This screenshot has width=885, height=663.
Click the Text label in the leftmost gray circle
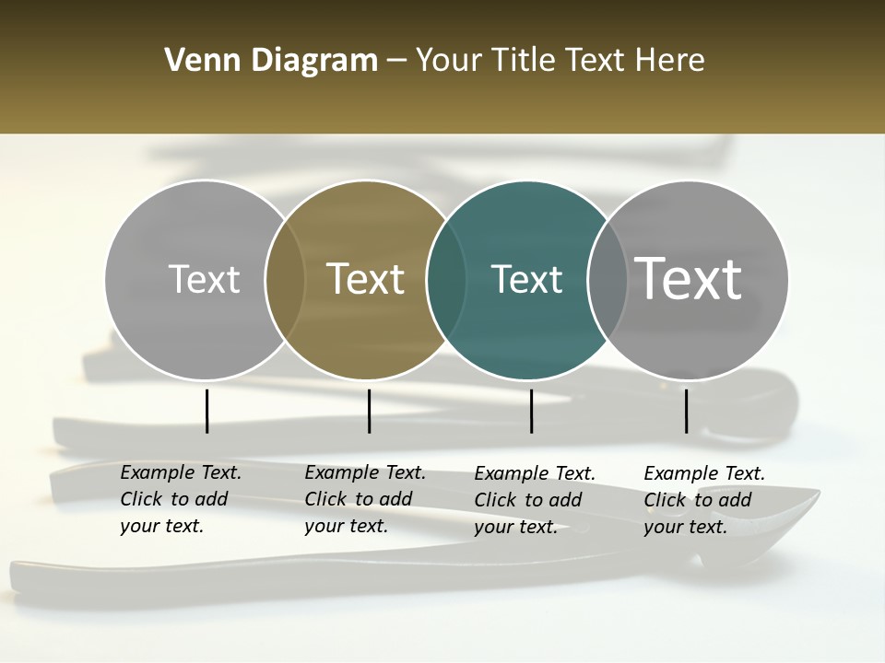[204, 279]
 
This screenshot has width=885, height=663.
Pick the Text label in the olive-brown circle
[366, 279]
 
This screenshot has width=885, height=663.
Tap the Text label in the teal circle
[527, 279]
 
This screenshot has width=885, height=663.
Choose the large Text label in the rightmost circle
[689, 279]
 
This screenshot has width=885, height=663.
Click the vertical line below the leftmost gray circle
[206, 411]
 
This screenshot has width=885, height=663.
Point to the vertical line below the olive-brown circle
[369, 411]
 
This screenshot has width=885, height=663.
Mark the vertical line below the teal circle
[531, 411]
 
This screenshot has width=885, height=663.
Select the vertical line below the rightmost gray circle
[686, 411]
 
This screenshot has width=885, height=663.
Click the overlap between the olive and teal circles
[446, 279]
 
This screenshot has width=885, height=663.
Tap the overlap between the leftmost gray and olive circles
[285, 279]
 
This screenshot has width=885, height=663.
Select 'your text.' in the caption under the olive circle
[346, 527]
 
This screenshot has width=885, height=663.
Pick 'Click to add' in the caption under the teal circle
[528, 500]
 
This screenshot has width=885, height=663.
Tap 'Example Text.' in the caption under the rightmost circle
[704, 473]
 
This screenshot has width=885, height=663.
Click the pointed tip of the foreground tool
[817, 494]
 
